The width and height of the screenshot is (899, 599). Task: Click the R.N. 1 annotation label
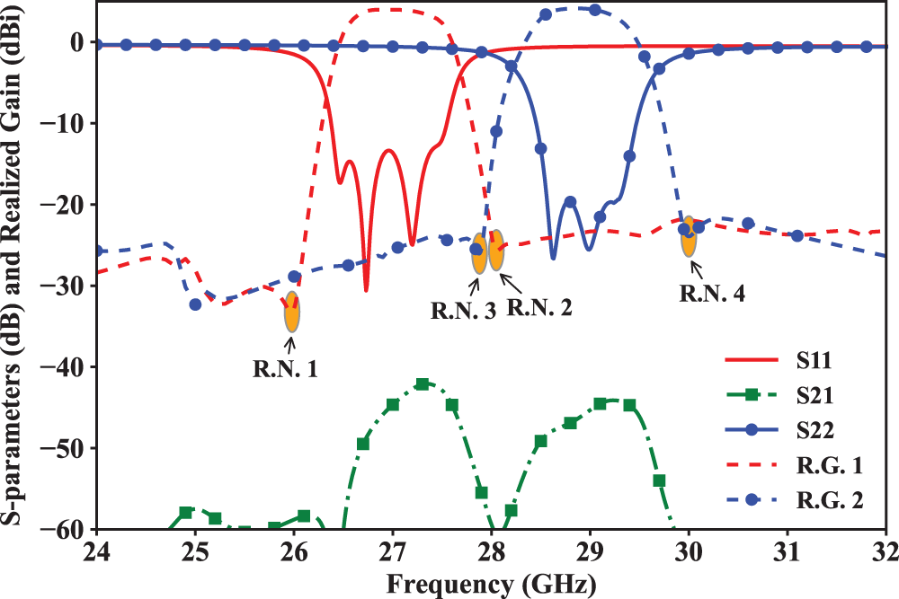(x=285, y=366)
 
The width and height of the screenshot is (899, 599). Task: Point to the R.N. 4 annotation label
(x=711, y=292)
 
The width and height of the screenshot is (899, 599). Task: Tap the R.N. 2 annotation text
(x=539, y=308)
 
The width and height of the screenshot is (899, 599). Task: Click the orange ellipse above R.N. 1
(x=292, y=312)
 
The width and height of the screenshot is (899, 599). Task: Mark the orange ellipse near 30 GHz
(x=689, y=236)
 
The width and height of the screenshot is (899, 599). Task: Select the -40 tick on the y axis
(x=70, y=367)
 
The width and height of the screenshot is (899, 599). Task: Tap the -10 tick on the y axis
(x=70, y=124)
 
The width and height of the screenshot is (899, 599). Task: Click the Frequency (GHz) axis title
(x=491, y=585)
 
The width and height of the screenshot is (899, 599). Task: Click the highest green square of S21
(x=423, y=384)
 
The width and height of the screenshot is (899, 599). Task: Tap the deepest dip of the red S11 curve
(x=366, y=289)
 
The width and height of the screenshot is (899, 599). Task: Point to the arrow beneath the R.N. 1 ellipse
(x=291, y=340)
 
